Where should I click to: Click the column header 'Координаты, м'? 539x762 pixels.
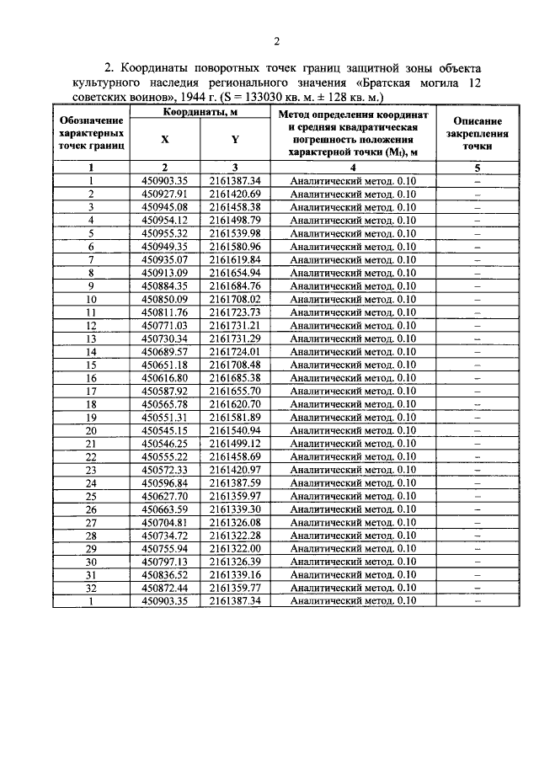click(x=200, y=113)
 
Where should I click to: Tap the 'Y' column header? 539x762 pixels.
click(x=233, y=141)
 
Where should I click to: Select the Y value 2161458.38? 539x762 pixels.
click(x=235, y=207)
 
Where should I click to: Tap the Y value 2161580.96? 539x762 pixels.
click(x=235, y=247)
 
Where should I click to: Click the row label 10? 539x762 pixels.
click(x=92, y=299)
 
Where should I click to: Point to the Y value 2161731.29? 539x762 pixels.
click(x=235, y=338)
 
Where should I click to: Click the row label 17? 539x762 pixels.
click(x=92, y=392)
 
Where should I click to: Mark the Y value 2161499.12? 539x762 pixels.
click(x=235, y=444)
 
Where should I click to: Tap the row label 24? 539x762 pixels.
click(x=92, y=483)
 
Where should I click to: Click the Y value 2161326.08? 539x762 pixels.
click(x=235, y=523)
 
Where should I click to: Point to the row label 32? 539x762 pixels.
click(x=92, y=589)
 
